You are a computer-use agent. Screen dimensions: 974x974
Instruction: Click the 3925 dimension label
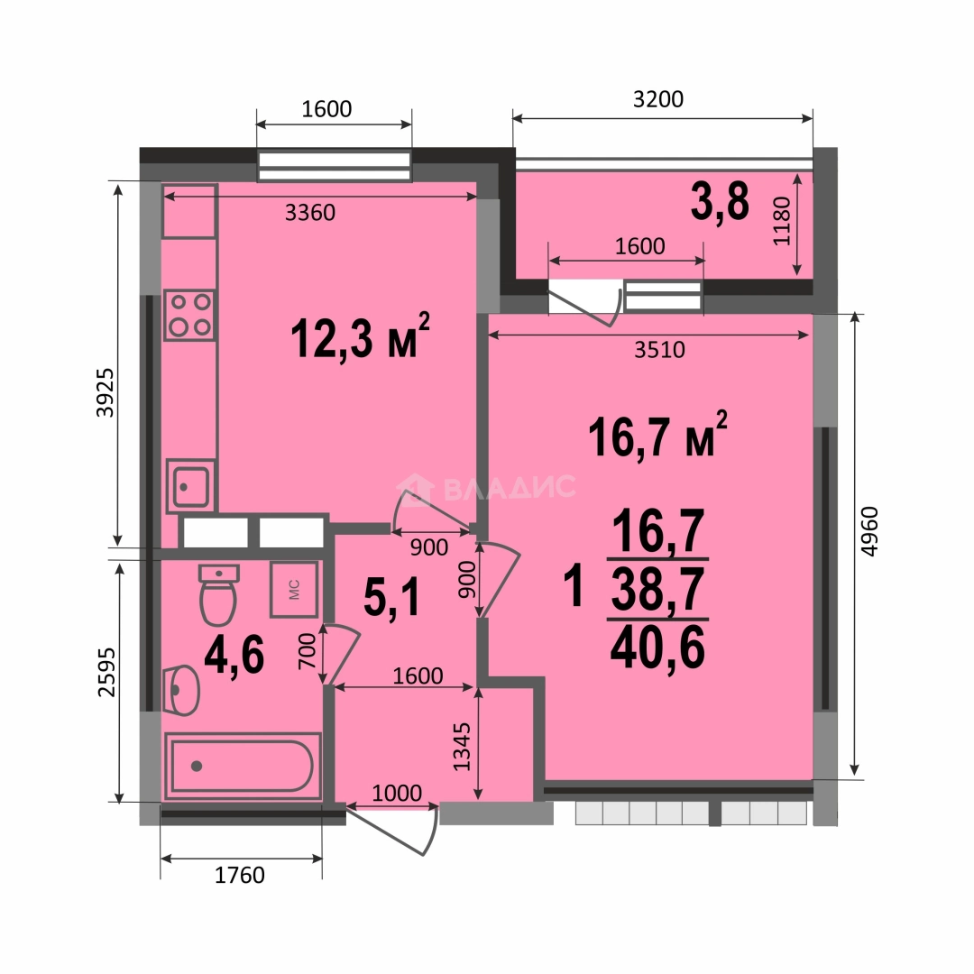click(x=105, y=392)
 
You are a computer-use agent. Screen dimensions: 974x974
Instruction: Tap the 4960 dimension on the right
click(x=870, y=532)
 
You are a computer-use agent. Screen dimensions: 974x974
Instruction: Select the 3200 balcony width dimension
click(x=658, y=99)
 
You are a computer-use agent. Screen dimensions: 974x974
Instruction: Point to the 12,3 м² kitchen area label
click(x=360, y=336)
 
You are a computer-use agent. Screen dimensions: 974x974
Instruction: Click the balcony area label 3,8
click(x=720, y=202)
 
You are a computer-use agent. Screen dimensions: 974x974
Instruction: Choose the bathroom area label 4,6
click(x=234, y=656)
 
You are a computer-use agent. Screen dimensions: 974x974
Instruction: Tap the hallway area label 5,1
click(x=392, y=597)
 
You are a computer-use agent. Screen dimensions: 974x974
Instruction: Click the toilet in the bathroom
click(x=218, y=594)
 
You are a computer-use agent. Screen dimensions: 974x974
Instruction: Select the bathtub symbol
click(x=243, y=766)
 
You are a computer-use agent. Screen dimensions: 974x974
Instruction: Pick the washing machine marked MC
click(x=294, y=590)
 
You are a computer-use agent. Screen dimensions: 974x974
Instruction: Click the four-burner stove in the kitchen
click(x=189, y=315)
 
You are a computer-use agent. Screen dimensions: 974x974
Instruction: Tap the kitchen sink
click(x=190, y=486)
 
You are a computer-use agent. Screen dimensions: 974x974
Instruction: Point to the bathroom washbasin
click(x=180, y=690)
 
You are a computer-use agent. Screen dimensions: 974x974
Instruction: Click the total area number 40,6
click(x=657, y=648)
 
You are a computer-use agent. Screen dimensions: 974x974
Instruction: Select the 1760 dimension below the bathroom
click(x=240, y=875)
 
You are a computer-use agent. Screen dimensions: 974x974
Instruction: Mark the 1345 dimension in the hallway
click(x=462, y=747)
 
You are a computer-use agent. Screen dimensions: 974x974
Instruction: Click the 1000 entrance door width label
click(x=397, y=793)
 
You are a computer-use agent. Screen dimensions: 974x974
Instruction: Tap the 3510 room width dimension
click(x=659, y=350)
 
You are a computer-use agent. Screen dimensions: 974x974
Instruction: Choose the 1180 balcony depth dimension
click(x=782, y=221)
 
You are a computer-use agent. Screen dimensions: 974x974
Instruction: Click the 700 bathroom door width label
click(x=308, y=651)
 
